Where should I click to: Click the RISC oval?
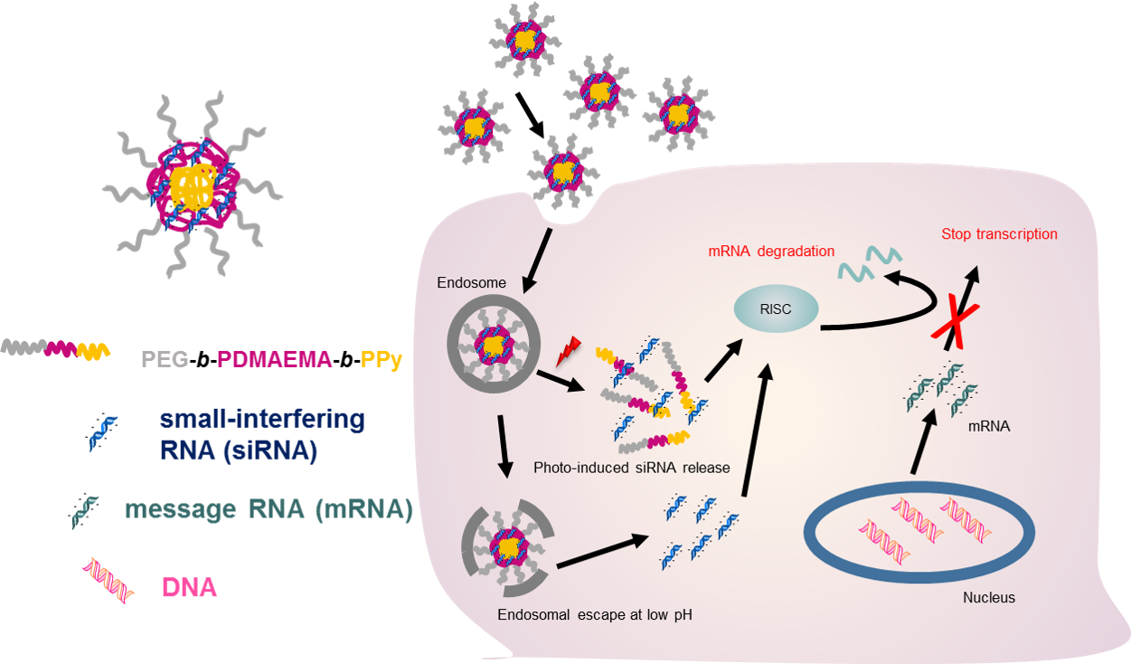(776, 308)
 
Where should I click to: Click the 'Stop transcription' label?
(999, 234)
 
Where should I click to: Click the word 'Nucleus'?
(988, 598)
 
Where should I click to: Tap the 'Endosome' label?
(471, 283)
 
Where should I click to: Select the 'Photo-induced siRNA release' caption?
(631, 468)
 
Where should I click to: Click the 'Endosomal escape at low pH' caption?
(594, 615)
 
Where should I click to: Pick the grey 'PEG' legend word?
(165, 359)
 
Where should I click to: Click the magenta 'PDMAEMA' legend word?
(274, 359)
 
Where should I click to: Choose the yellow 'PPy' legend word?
(382, 359)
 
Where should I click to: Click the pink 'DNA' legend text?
(189, 588)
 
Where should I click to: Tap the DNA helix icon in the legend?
(108, 579)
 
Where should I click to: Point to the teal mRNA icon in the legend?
(87, 511)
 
